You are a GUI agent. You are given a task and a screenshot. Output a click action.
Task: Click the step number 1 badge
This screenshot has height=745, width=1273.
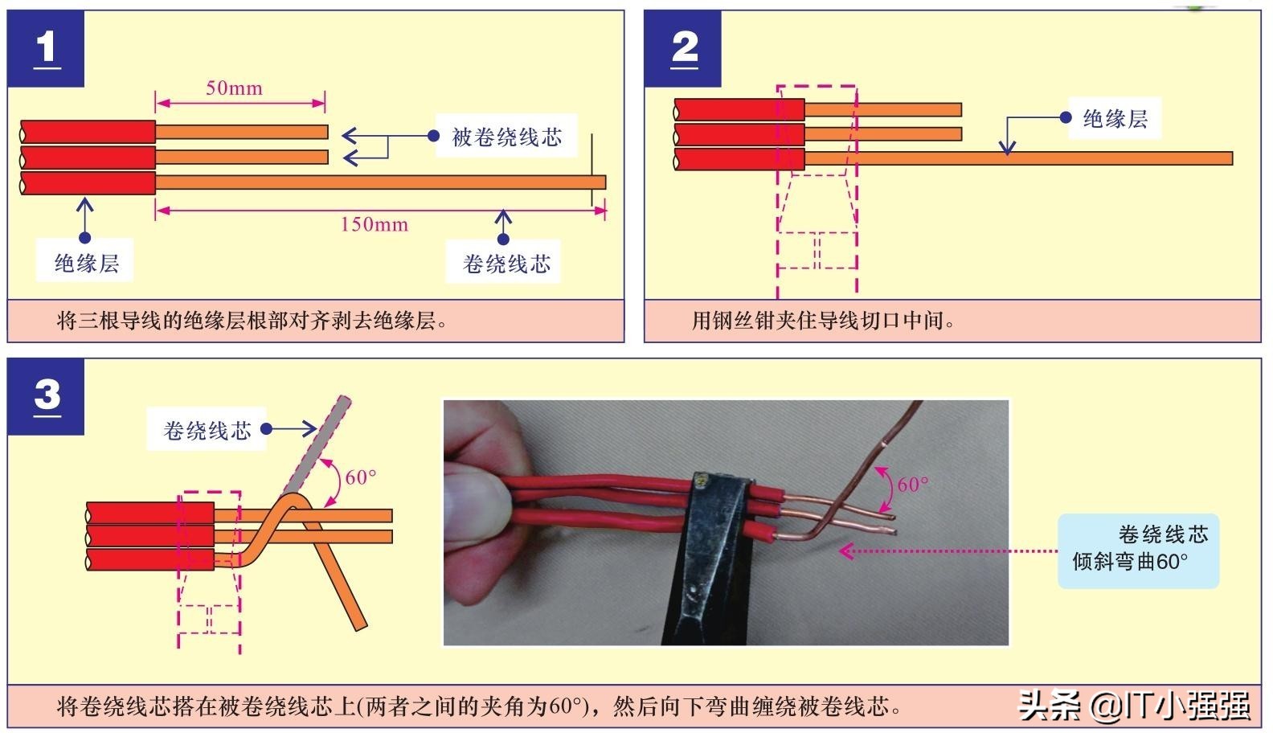tap(46, 48)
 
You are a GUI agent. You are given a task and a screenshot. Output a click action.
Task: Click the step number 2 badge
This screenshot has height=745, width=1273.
tap(683, 48)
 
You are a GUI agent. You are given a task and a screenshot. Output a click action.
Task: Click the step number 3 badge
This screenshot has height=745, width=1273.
tap(46, 396)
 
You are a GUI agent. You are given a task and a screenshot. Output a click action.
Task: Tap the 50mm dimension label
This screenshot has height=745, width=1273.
tap(234, 88)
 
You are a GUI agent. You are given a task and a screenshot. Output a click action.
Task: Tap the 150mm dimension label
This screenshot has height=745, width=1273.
tap(374, 224)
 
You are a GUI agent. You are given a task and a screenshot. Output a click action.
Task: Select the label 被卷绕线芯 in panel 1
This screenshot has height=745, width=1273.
tap(506, 137)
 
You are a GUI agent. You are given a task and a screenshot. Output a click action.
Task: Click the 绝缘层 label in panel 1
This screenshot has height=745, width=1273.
tap(85, 263)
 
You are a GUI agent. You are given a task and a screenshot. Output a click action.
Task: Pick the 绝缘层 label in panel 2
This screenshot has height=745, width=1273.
tap(1114, 119)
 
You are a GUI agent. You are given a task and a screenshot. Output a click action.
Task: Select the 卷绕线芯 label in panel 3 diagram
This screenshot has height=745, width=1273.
tap(207, 431)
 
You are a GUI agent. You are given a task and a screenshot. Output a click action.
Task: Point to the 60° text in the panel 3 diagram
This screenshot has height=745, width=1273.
tap(360, 477)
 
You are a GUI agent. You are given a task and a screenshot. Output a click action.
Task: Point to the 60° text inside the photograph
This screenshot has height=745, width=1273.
tap(912, 485)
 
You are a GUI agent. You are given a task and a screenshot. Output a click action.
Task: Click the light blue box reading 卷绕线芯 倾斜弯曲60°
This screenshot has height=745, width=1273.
tap(1138, 550)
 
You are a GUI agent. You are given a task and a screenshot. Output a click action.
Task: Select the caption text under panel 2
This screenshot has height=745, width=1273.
tap(824, 321)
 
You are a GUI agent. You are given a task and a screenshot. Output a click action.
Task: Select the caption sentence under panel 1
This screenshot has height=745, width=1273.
tap(252, 321)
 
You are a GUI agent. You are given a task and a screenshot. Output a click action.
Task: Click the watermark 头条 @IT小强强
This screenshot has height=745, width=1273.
tap(1134, 706)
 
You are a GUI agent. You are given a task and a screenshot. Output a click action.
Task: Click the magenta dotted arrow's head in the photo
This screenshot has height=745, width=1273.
tap(845, 551)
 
